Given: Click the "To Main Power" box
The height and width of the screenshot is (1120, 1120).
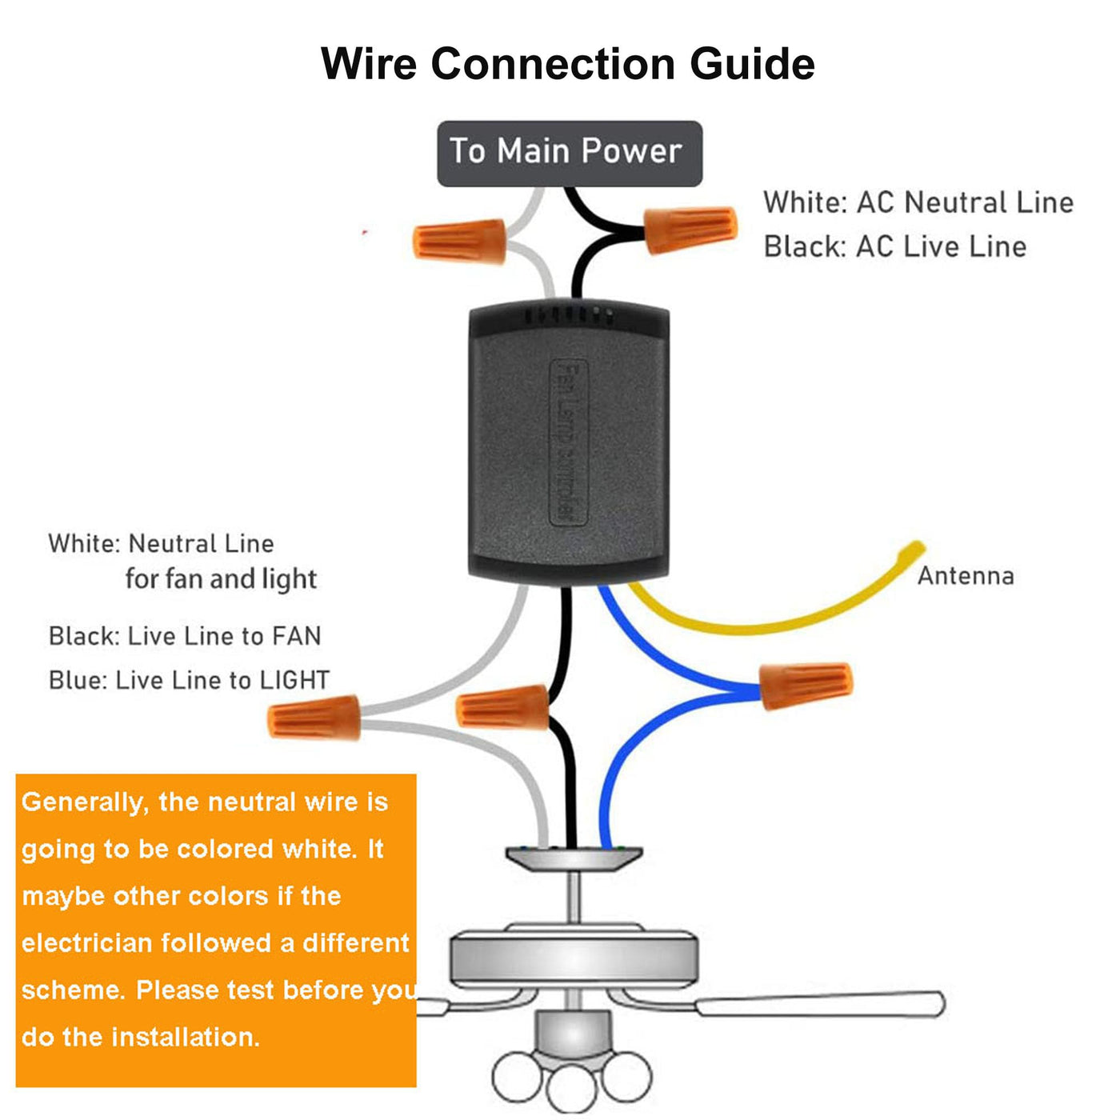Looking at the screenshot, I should click(569, 153).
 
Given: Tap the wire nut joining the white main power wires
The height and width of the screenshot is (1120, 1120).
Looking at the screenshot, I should click(459, 241).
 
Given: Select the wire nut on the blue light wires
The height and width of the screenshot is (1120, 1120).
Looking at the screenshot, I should click(805, 686).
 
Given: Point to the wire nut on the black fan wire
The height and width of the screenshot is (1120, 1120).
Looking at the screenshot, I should click(502, 707).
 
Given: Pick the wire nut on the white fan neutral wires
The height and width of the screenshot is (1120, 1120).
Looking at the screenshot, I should click(314, 717).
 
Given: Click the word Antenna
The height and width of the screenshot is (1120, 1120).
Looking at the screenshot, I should click(965, 576).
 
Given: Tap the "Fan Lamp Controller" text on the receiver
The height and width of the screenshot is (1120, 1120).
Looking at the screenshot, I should click(569, 442).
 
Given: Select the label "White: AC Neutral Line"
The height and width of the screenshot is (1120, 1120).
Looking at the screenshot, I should click(918, 202).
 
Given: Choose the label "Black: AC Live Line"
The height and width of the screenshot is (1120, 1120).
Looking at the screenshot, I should click(894, 246).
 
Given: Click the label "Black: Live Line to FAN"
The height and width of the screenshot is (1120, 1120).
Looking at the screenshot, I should click(185, 636).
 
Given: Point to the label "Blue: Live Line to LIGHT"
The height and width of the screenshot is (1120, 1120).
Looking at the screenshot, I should click(189, 680).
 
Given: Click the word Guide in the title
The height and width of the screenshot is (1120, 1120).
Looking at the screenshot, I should click(752, 64).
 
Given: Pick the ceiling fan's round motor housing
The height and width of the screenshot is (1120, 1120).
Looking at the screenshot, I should click(572, 958).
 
